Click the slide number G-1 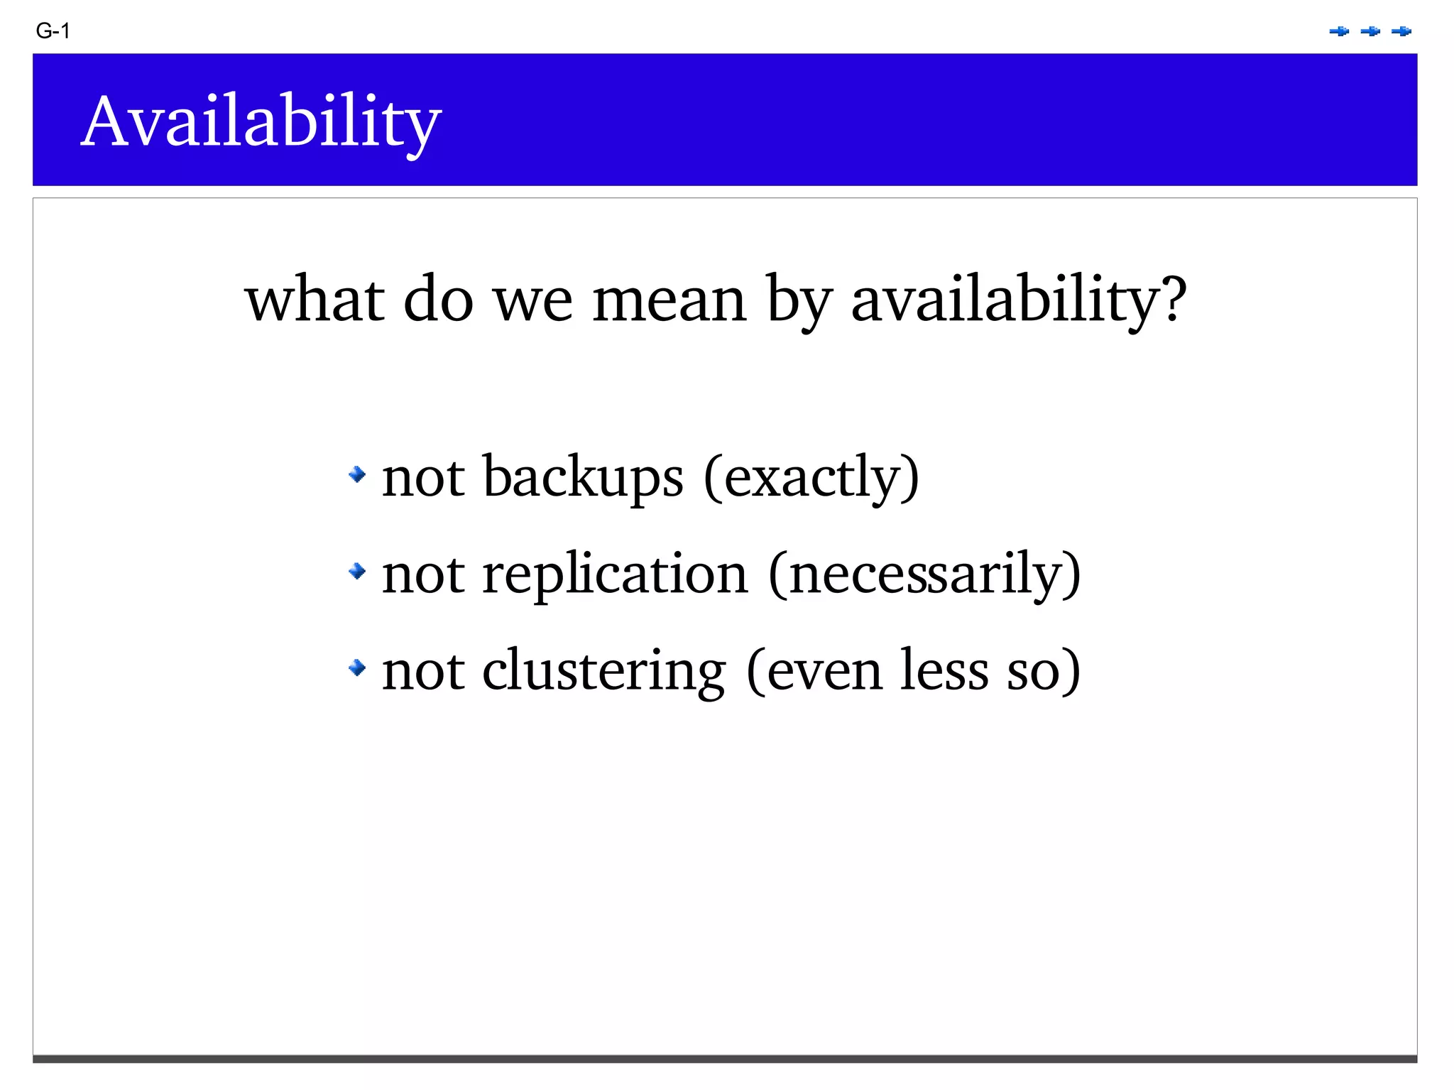pyautogui.click(x=53, y=31)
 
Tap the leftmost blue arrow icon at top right pyautogui.click(x=1339, y=31)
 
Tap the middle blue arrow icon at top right pyautogui.click(x=1370, y=31)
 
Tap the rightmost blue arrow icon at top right pyautogui.click(x=1401, y=31)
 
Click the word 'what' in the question pyautogui.click(x=315, y=300)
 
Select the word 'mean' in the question pyautogui.click(x=669, y=300)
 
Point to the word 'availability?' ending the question pyautogui.click(x=1019, y=300)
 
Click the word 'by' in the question pyautogui.click(x=798, y=300)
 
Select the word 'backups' pyautogui.click(x=583, y=477)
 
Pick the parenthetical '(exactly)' pyautogui.click(x=811, y=477)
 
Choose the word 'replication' pyautogui.click(x=615, y=574)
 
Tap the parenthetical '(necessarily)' pyautogui.click(x=924, y=574)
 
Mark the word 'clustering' pyautogui.click(x=603, y=670)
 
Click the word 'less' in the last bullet pyautogui.click(x=944, y=670)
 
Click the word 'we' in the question pyautogui.click(x=532, y=300)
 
